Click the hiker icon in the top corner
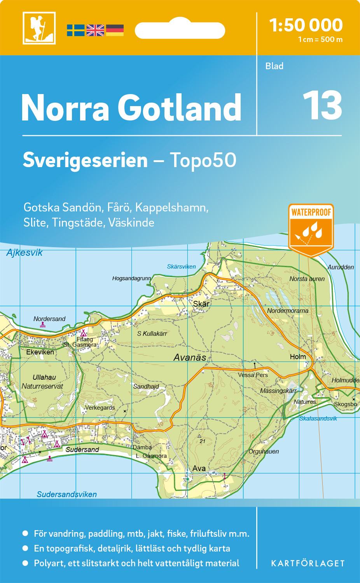click(39, 28)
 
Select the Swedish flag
click(75, 30)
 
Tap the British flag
click(95, 30)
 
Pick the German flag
click(115, 30)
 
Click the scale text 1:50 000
click(306, 25)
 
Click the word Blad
click(274, 66)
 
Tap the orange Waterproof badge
click(311, 229)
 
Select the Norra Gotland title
click(131, 108)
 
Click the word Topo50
click(203, 160)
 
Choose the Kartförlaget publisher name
click(308, 563)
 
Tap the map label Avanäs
click(190, 358)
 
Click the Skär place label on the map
click(201, 304)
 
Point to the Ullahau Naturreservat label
click(43, 382)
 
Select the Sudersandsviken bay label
click(66, 494)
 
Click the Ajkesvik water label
click(24, 253)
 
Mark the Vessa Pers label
click(253, 375)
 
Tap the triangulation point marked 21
click(199, 436)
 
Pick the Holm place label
click(298, 357)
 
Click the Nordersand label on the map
click(49, 319)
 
